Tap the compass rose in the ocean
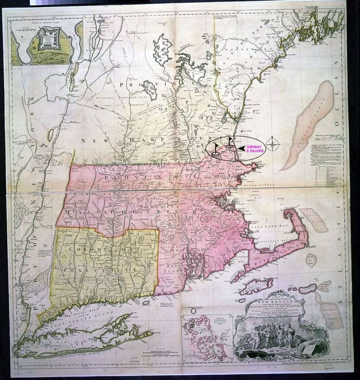274,144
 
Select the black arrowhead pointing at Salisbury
242,148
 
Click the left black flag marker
217,148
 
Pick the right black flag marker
230,142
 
